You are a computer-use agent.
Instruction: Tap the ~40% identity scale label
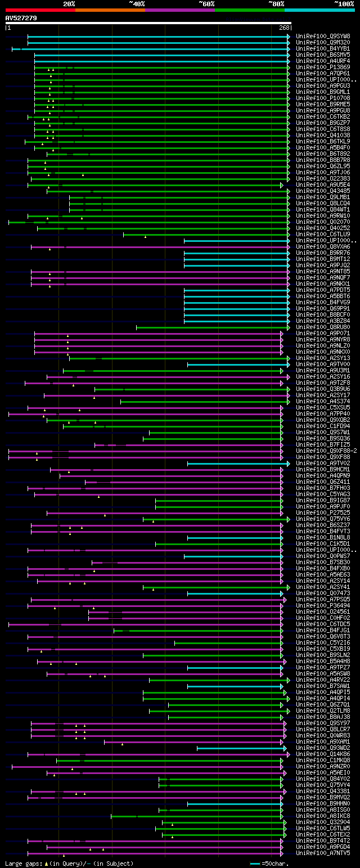click(x=137, y=3)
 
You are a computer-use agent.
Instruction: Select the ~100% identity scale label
click(x=343, y=3)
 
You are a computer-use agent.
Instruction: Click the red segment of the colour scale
click(x=40, y=10)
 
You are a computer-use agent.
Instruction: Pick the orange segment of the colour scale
click(x=110, y=10)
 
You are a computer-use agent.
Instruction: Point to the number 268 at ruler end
click(x=284, y=28)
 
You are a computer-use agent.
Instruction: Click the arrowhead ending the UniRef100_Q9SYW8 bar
click(x=289, y=37)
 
